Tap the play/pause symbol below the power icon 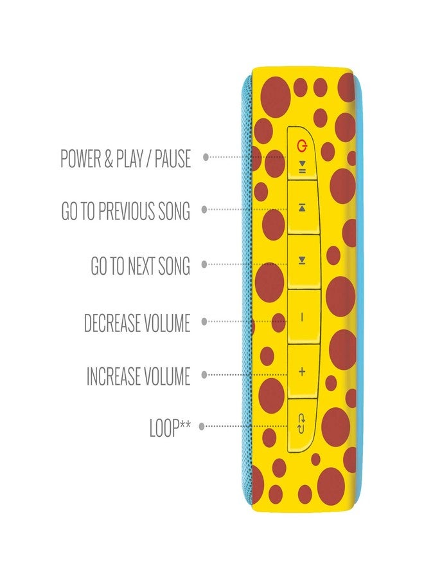pos(302,167)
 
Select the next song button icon pos(302,261)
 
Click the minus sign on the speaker pos(302,317)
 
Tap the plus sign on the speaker pos(302,371)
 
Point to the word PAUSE pos(173,158)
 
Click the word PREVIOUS pos(127,211)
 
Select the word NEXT pos(141,266)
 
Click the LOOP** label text pos(170,428)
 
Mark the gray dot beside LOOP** pos(201,427)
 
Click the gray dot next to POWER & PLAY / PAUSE pos(206,158)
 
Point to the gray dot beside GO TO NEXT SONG pos(204,264)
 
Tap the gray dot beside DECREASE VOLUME pos(204,322)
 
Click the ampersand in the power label pos(108,158)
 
